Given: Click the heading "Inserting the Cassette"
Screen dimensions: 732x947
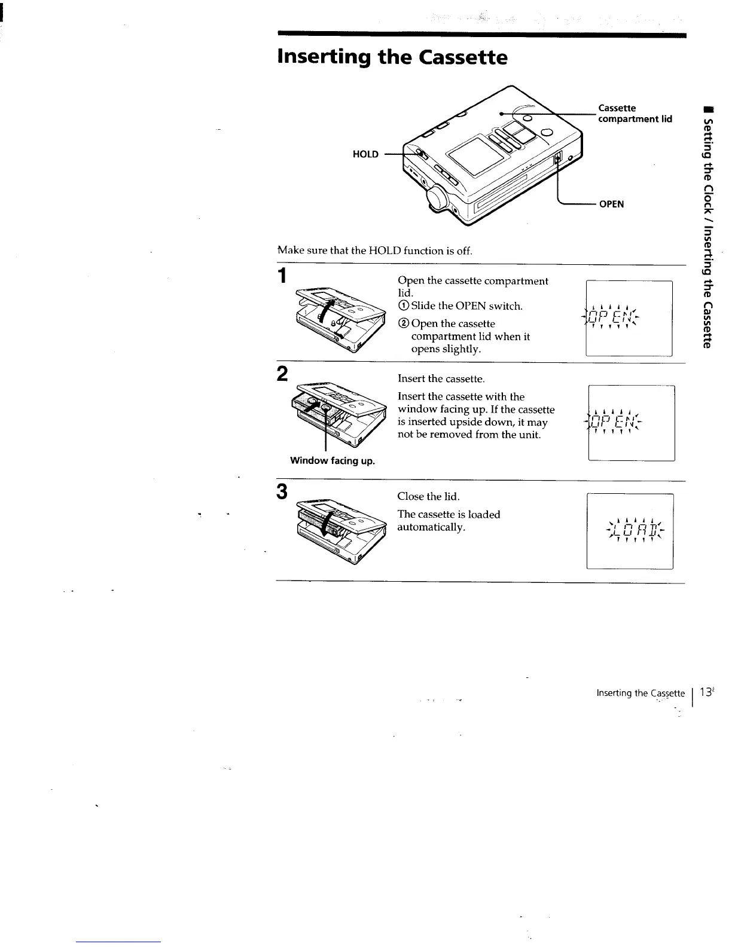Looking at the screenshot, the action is (392, 57).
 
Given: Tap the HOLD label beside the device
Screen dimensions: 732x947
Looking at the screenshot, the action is (365, 154).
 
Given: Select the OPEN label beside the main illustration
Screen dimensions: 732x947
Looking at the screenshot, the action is (611, 204).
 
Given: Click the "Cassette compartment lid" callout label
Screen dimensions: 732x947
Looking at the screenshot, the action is (635, 113).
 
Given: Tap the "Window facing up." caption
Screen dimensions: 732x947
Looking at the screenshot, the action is (333, 460).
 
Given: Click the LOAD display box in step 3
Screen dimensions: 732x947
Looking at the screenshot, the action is (630, 531).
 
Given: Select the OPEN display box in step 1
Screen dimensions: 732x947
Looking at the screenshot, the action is (629, 318).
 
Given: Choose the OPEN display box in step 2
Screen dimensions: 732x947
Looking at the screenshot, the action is (632, 423).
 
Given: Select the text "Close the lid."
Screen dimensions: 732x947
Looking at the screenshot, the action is (428, 496).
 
